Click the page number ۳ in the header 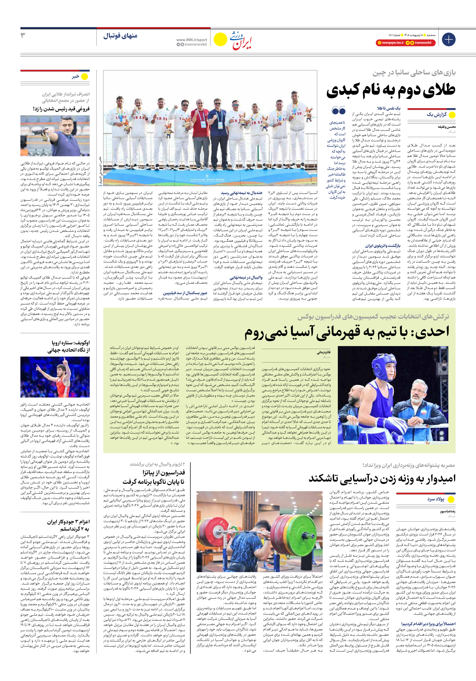click(23, 36)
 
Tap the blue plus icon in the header click(448, 39)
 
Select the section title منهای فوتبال click(120, 36)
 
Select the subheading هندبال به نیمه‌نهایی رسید click(241, 193)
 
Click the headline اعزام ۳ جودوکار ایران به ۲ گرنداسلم click(68, 525)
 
